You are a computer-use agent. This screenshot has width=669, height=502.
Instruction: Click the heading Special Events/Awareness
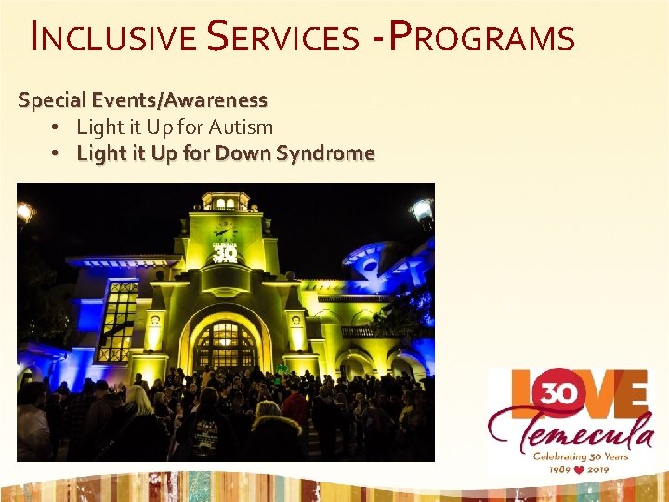click(142, 99)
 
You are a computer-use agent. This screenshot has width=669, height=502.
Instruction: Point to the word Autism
click(244, 126)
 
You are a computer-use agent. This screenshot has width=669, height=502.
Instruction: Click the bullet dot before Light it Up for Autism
click(57, 126)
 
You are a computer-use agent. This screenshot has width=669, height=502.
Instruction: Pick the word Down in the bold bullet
click(243, 152)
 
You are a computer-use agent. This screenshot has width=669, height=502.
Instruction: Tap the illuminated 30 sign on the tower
click(226, 252)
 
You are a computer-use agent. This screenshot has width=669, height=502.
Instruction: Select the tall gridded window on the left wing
click(117, 321)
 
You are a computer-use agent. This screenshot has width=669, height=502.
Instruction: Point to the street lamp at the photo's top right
click(423, 212)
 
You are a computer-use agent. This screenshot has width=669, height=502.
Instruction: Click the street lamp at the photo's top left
click(24, 214)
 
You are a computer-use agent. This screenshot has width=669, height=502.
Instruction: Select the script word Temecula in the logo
click(570, 429)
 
